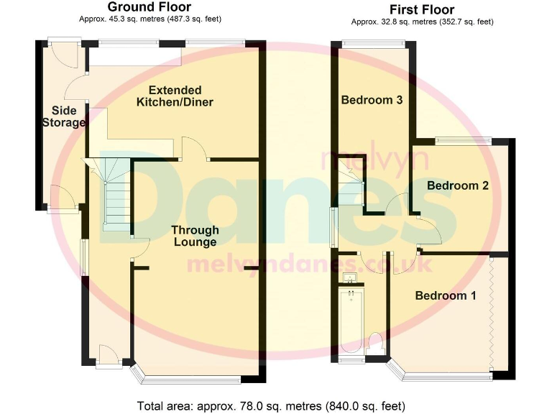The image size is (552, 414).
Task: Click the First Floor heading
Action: (x=422, y=9)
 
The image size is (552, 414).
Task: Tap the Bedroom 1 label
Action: (x=446, y=295)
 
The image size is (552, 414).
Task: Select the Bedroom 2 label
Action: (x=458, y=185)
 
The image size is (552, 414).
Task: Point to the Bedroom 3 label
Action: (x=371, y=100)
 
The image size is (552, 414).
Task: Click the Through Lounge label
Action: (x=195, y=236)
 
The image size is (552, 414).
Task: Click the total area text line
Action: (x=270, y=404)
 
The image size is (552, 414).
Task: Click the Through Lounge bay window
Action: (x=194, y=377)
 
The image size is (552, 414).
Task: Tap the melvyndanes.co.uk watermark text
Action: (x=309, y=264)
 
